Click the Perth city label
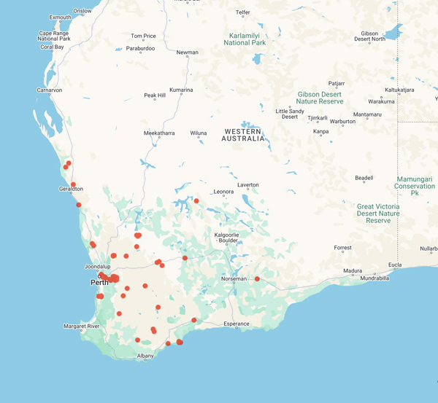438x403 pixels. pos(99,282)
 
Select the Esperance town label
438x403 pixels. pos(237,324)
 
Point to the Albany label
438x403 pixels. pos(146,356)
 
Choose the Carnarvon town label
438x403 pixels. pos(49,90)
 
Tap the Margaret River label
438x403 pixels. pos(81,326)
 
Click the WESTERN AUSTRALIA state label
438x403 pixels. pos(243,135)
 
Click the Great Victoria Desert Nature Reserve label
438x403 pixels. pos(378,213)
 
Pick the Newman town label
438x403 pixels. pos(187,52)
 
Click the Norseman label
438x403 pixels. pos(234,279)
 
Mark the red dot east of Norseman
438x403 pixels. pos(257,278)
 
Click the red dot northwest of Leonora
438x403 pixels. pos(196,200)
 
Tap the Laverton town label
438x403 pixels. pos(247,185)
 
